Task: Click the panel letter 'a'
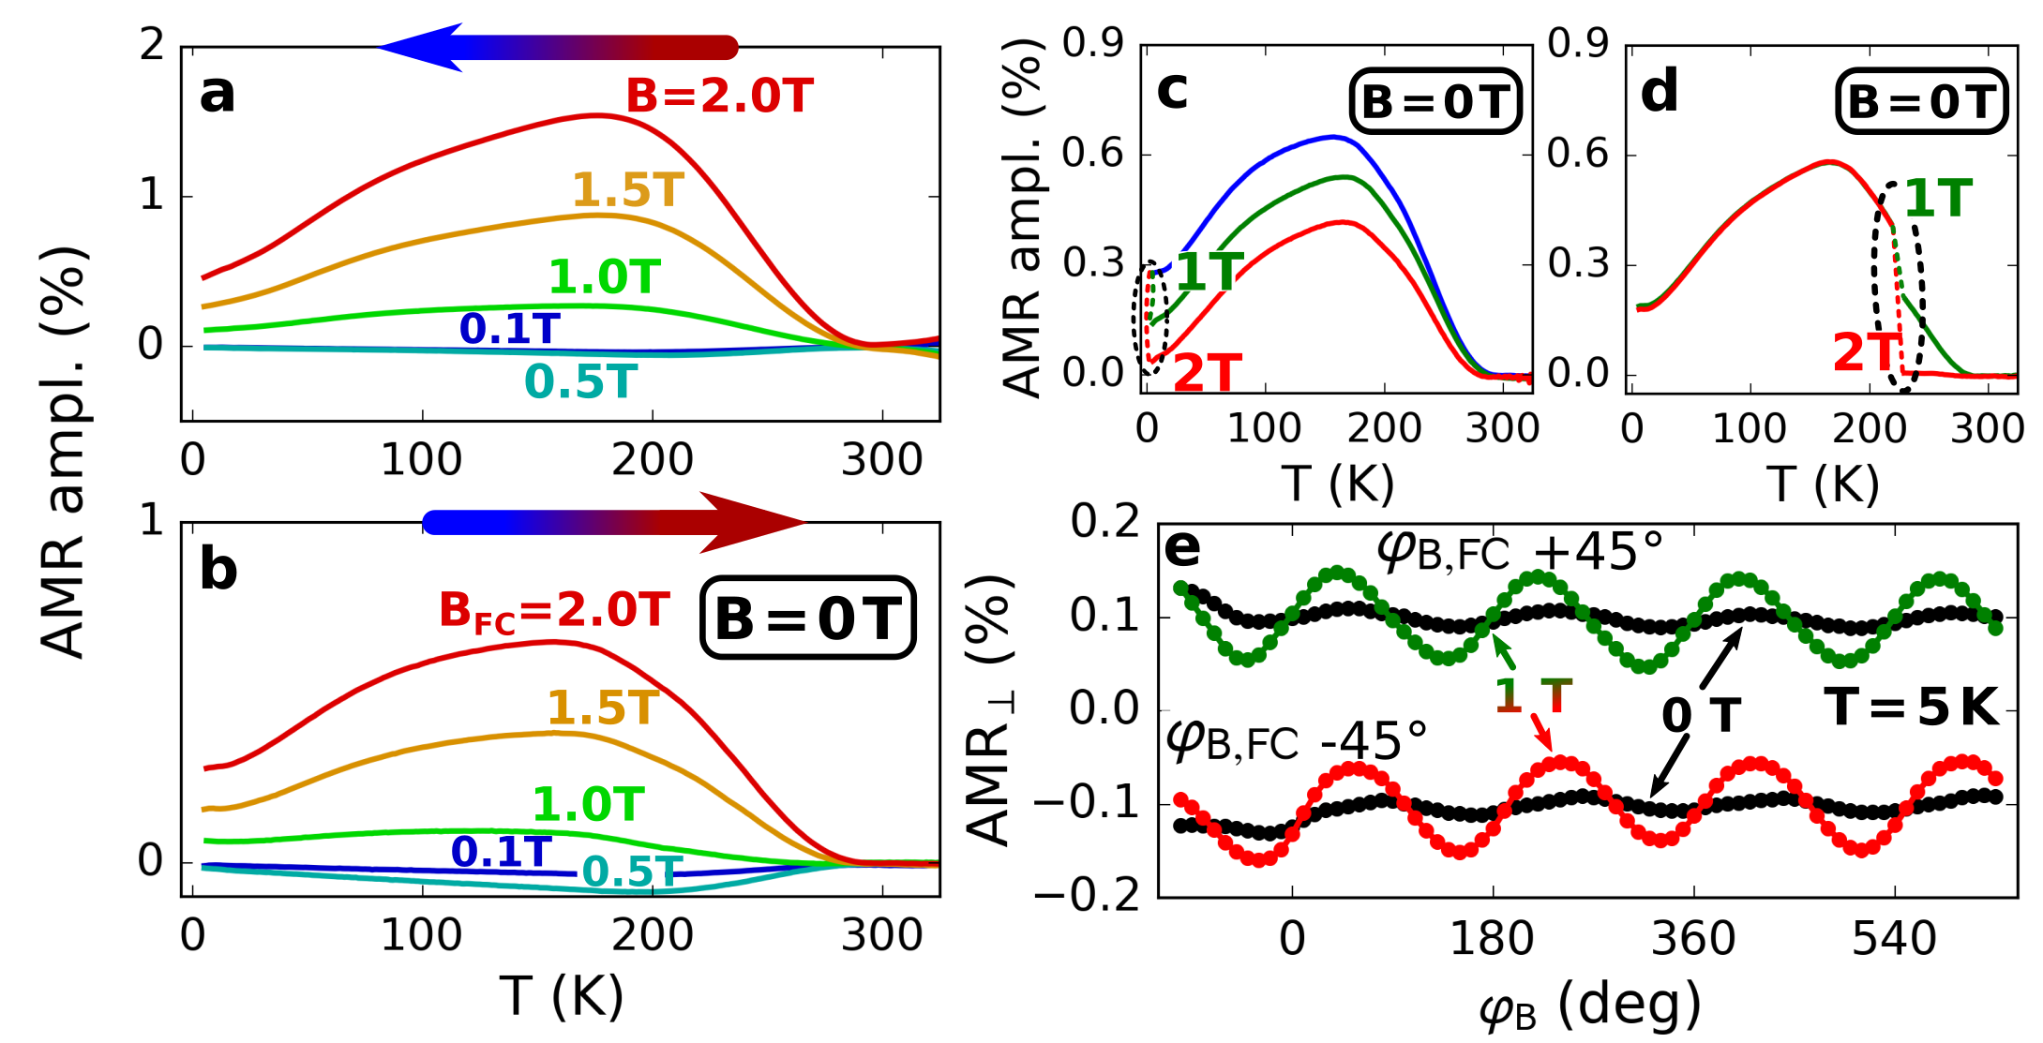217,95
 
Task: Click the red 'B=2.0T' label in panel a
719,97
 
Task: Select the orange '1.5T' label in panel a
628,190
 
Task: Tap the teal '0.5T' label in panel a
580,381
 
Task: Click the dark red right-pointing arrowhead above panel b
750,522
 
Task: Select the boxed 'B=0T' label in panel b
807,618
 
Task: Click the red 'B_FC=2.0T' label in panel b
554,611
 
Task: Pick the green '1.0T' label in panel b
588,804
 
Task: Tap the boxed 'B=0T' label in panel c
1435,101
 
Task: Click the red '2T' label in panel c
1208,373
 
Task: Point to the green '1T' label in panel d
1938,199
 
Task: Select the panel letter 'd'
1659,93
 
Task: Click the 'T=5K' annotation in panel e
1912,708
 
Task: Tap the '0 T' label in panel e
1701,717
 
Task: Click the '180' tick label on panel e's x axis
1492,938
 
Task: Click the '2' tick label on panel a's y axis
152,45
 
